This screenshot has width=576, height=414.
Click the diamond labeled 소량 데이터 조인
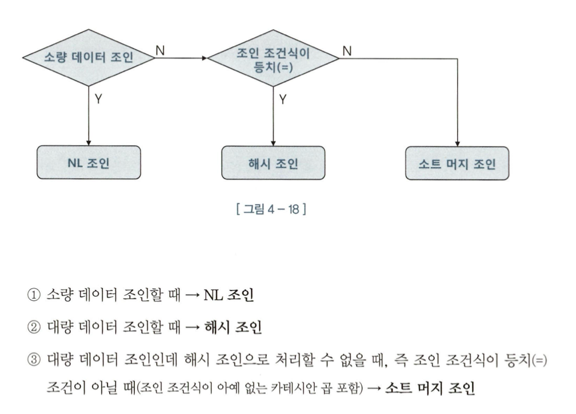(89, 58)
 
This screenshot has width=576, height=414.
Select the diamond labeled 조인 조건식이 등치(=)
(273, 58)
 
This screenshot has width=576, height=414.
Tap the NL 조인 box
(89, 162)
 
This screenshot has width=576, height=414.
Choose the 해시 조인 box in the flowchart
(273, 163)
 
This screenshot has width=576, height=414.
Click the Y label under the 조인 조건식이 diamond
(283, 98)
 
